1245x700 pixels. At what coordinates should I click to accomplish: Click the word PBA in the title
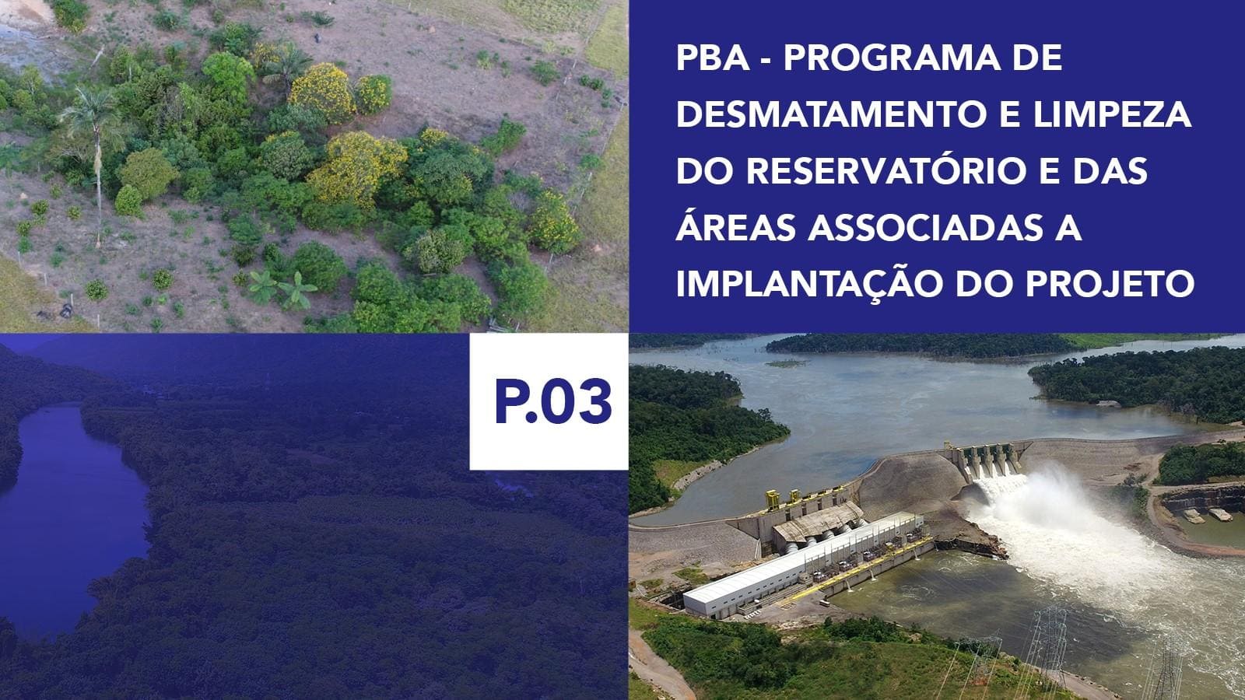tap(713, 58)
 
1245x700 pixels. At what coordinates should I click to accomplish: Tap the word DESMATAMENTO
tap(832, 114)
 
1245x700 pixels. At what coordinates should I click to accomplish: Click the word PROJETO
tap(1110, 284)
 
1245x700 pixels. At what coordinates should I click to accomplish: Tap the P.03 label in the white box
tap(553, 401)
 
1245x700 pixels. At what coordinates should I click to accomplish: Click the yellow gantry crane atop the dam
tap(773, 499)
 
